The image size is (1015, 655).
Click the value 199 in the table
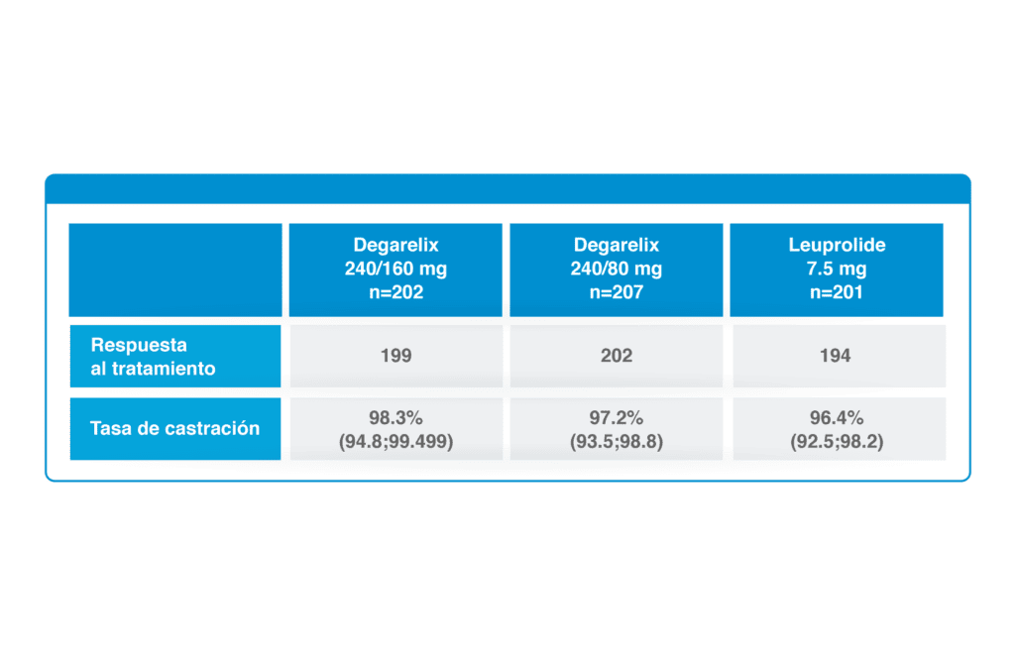pos(395,356)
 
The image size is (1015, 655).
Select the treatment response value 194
pos(835,356)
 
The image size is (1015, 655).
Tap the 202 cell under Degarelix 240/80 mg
pos(616,356)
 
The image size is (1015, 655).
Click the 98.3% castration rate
pos(395,417)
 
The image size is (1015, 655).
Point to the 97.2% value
pos(616,417)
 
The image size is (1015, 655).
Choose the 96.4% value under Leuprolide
pos(837,417)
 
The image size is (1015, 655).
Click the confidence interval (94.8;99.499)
pos(395,441)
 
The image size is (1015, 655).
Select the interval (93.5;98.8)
pos(617,441)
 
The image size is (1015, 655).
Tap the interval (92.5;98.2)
pos(837,441)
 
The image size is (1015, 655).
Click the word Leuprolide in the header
pos(837,245)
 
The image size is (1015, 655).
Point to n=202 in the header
pos(395,292)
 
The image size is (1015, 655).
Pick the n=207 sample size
pos(616,292)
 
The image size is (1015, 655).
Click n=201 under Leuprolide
pos(837,292)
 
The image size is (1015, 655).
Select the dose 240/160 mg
pos(395,269)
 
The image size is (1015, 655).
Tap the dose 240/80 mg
pos(616,269)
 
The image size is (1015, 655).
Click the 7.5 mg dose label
pos(837,269)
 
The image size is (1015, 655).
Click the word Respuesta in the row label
pos(139,345)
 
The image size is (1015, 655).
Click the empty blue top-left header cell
pos(175,270)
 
